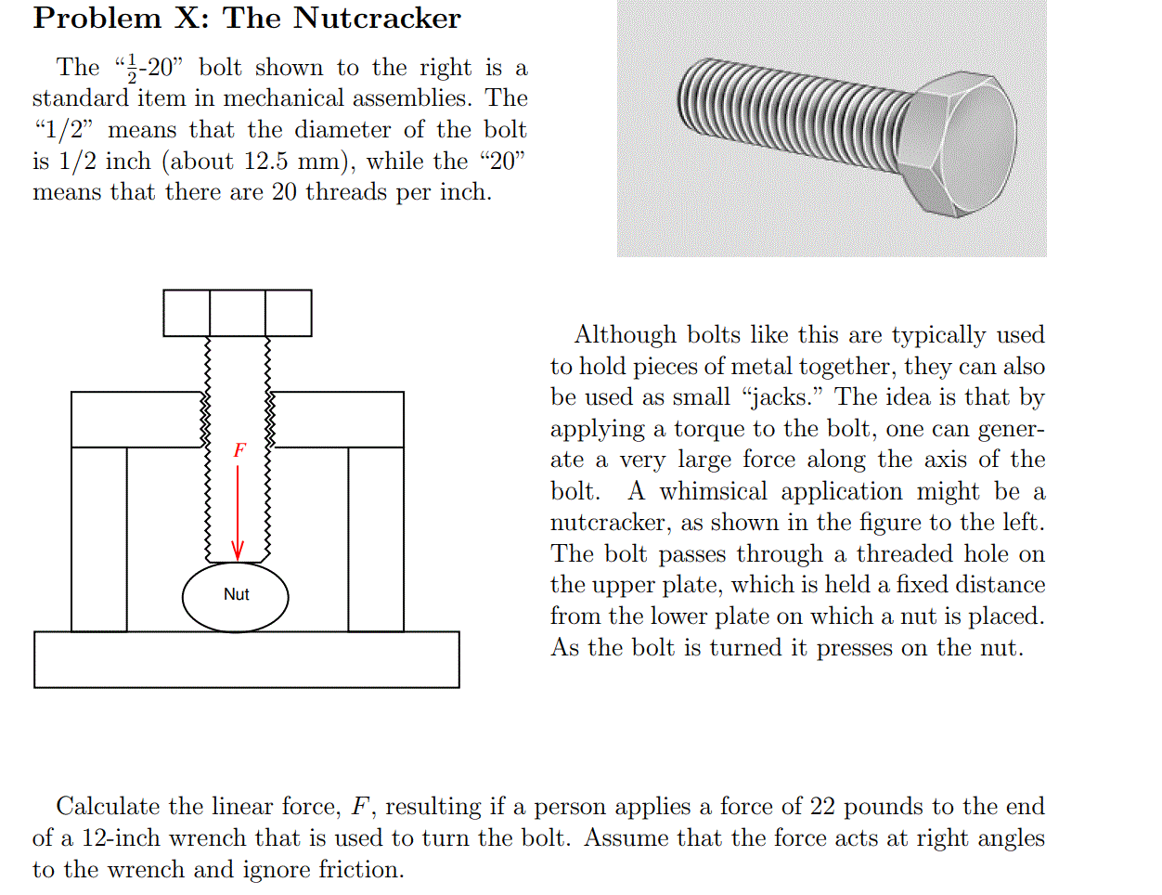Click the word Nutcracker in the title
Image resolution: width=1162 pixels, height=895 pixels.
[377, 19]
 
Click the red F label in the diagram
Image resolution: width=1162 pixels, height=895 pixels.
[239, 450]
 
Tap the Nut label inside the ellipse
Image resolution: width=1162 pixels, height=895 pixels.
[236, 594]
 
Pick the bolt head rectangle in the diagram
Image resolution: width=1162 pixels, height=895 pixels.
[237, 313]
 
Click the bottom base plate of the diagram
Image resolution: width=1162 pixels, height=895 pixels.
[246, 659]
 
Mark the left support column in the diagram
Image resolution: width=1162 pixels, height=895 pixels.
[98, 538]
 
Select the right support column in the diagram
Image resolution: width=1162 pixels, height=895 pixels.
[376, 538]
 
